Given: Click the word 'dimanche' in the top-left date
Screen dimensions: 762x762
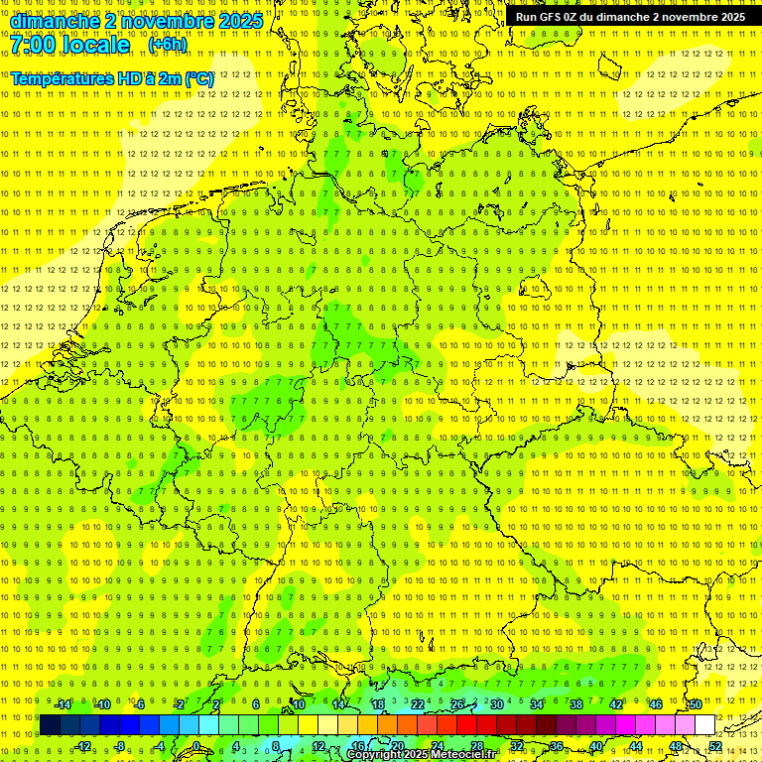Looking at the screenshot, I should coord(56,21).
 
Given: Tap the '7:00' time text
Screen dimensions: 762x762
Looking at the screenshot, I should coord(36,46).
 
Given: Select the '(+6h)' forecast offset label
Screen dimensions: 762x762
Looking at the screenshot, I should coord(167,45).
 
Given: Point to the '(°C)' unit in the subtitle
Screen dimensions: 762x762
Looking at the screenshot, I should coord(198,78).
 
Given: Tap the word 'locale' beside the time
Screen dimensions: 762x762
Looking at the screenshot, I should coord(94,46).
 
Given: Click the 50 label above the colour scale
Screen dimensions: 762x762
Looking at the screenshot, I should coord(696,704).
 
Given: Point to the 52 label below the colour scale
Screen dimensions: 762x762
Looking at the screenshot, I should coord(715,746).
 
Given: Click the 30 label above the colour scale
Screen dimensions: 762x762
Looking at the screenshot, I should coord(497,704).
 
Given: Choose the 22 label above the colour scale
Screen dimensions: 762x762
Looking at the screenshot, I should coord(418,704).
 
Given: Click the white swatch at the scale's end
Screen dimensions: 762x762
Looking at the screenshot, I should coord(705,725).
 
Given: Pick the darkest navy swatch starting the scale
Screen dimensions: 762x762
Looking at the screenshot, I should coord(51,725).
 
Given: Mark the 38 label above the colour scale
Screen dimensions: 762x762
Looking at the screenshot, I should coord(576,704).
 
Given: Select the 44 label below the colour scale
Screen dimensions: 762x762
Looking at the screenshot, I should coord(636,746).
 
